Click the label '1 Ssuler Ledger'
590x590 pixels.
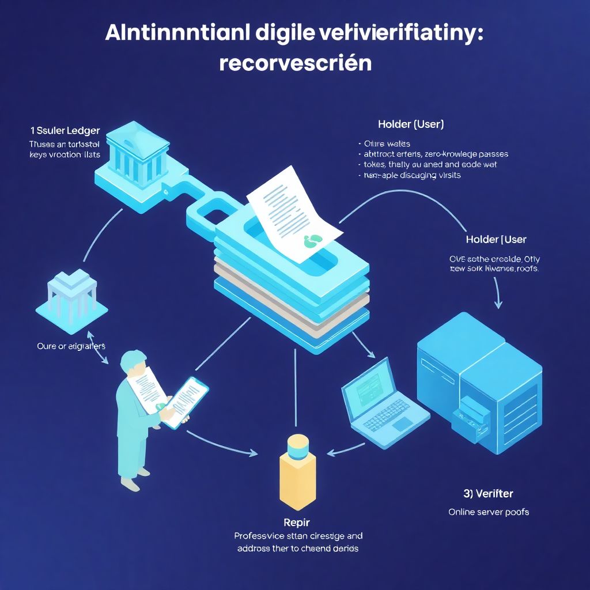click(65, 131)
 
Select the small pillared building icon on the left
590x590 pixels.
click(71, 294)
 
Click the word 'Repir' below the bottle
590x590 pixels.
click(297, 523)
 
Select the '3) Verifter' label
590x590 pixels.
click(488, 493)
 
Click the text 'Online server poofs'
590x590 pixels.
click(489, 512)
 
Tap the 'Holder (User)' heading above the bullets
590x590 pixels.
click(411, 124)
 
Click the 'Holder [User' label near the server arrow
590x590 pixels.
click(496, 239)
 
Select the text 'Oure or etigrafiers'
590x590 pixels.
click(71, 346)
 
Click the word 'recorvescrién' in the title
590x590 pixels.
click(295, 63)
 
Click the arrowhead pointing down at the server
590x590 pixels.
click(499, 304)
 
